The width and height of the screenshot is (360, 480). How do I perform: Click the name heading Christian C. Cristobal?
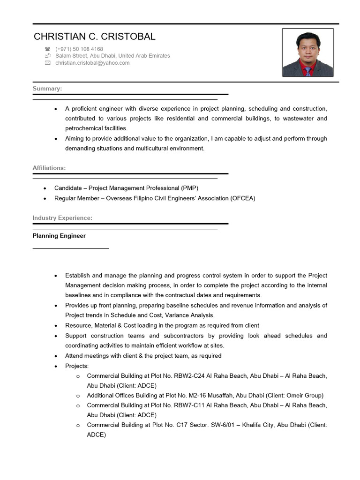point(94,37)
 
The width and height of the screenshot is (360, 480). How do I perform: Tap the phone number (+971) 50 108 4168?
point(79,49)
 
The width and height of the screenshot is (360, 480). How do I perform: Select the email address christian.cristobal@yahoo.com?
point(92,63)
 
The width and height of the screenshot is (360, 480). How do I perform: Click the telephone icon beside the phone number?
point(47,49)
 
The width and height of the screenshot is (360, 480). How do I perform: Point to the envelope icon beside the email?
point(47,63)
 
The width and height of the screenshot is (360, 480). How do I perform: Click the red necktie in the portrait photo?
point(307,71)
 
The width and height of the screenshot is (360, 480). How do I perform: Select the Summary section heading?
point(47,88)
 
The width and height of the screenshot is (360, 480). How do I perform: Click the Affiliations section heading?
point(49,167)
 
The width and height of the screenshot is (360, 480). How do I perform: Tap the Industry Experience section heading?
point(62,218)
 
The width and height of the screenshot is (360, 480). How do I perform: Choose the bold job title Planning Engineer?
point(59,236)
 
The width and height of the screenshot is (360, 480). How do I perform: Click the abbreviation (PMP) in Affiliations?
point(190,188)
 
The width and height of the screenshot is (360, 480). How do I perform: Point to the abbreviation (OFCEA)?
point(242,198)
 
